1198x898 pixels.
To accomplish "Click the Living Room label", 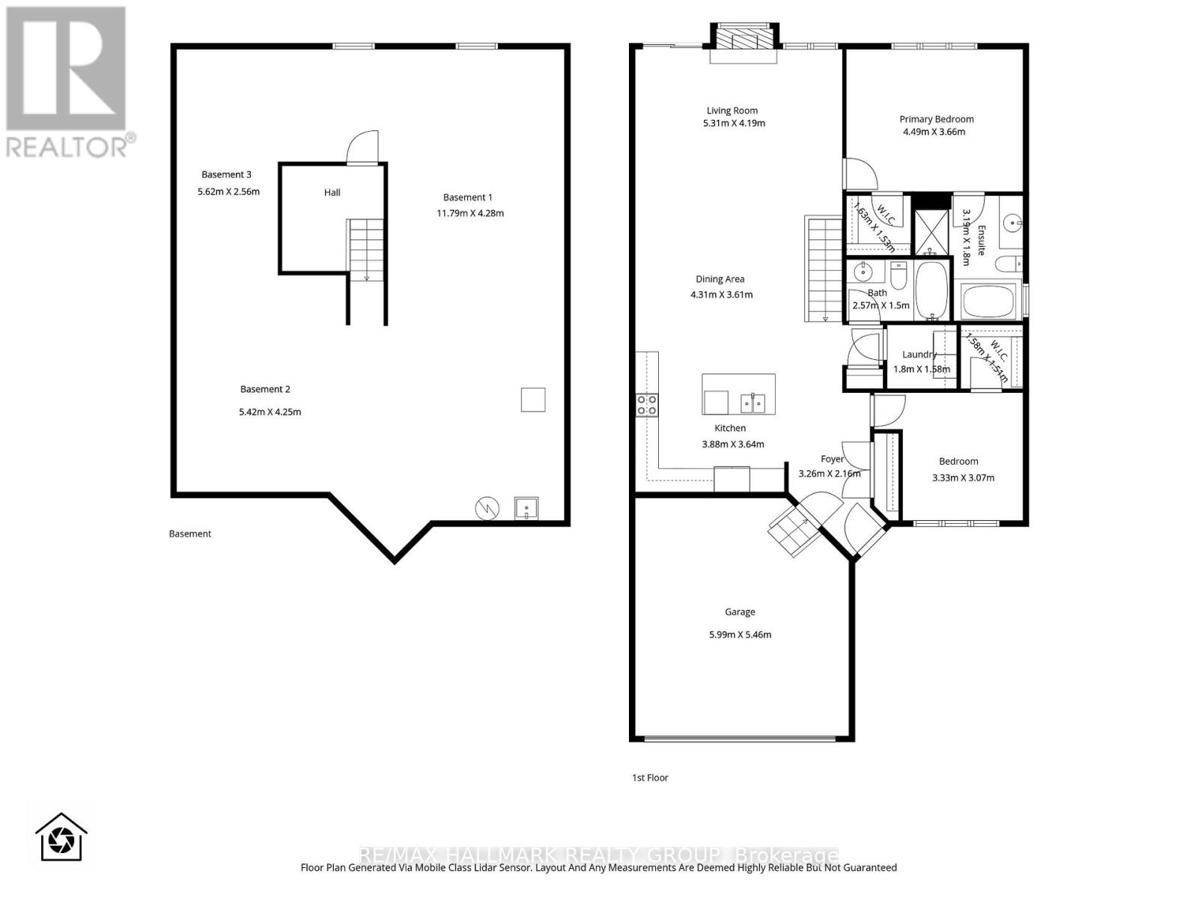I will [x=732, y=111].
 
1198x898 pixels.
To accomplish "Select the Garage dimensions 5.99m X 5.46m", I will [x=740, y=635].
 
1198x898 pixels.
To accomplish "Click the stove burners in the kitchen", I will [x=647, y=405].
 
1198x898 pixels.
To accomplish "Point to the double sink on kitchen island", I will [x=753, y=403].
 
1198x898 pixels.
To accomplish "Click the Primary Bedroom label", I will [x=936, y=119].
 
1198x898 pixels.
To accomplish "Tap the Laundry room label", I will [x=919, y=355].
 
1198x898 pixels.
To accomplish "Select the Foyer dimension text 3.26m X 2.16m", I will [x=829, y=474].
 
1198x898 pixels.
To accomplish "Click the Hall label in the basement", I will [x=332, y=192].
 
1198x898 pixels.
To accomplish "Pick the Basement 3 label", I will [x=226, y=175].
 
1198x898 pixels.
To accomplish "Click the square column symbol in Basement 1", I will [x=533, y=400].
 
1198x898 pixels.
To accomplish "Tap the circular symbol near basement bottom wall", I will [x=487, y=509].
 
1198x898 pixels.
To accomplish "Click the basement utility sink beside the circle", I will [x=526, y=509].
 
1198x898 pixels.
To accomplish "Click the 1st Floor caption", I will [x=650, y=778].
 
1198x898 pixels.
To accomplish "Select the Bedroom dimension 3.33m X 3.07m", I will [x=963, y=478].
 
